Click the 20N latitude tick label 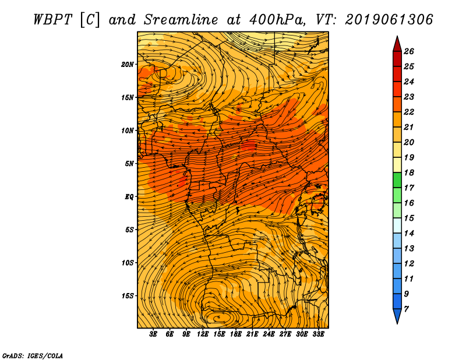[x=128, y=64]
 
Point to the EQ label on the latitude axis [x=129, y=196]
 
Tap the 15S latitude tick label [x=128, y=295]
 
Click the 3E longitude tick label [x=154, y=334]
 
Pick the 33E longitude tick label [x=318, y=334]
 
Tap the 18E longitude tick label [x=235, y=334]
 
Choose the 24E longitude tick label [x=269, y=334]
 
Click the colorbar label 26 [x=409, y=51]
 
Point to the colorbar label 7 [x=407, y=309]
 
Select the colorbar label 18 [x=409, y=172]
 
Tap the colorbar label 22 [x=409, y=112]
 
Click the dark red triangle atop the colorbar [x=397, y=44]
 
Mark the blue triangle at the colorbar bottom [x=397, y=316]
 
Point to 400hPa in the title [x=279, y=19]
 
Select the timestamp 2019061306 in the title [x=389, y=19]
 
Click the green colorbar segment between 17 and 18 [x=397, y=180]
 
